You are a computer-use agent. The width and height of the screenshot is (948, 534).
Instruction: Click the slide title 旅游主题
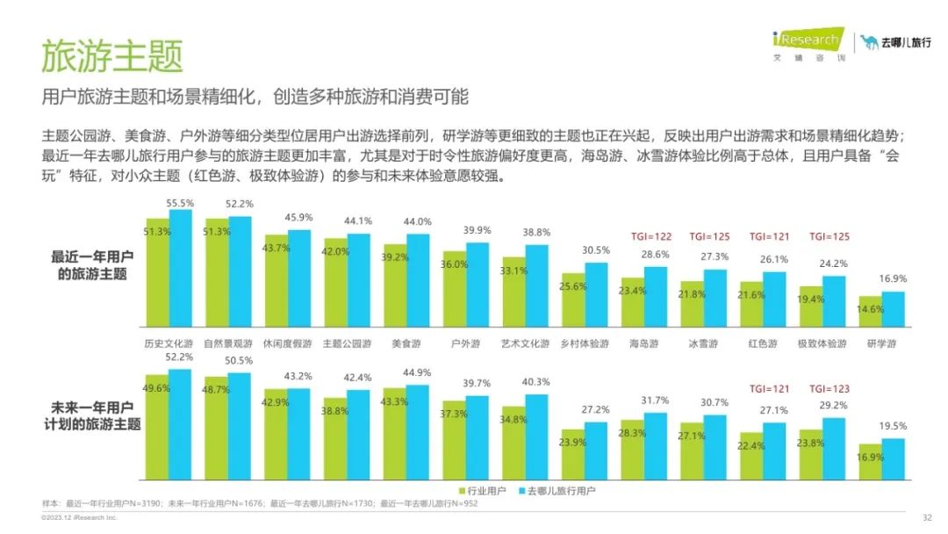coord(111,55)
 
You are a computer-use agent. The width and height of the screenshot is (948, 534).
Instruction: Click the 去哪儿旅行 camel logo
coord(895,42)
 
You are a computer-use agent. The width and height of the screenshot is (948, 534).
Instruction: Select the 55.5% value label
coord(181,202)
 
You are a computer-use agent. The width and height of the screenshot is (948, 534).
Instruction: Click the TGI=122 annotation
coord(651,236)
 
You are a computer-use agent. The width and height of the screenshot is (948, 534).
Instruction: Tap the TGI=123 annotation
coord(830,388)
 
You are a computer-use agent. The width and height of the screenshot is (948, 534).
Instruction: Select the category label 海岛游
coord(644,343)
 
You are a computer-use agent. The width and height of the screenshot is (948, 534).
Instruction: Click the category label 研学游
coord(882,343)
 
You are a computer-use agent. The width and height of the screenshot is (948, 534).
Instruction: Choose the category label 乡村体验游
coord(585,343)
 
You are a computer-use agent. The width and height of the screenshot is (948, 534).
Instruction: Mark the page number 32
coord(927,517)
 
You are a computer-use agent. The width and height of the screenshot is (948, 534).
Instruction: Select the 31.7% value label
coord(655,401)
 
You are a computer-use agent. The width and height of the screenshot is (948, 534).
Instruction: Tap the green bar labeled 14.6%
coord(871,313)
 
